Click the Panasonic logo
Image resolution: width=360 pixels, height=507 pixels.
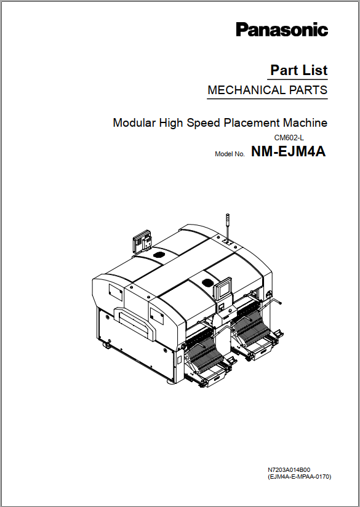tap(282, 30)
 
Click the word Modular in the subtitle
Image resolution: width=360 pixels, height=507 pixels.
tap(134, 123)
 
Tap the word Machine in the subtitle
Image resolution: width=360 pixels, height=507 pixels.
tap(305, 123)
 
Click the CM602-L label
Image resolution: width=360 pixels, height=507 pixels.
tap(289, 138)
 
